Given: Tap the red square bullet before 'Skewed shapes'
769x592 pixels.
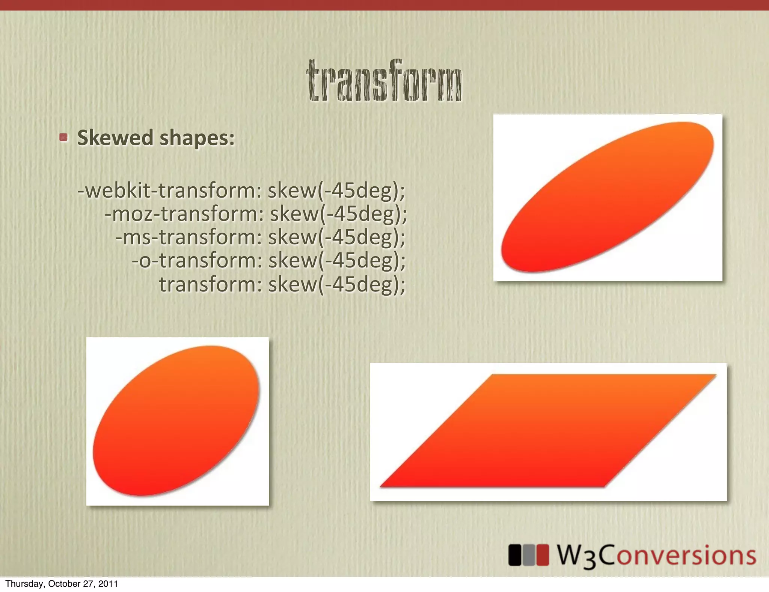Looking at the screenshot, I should coord(63,137).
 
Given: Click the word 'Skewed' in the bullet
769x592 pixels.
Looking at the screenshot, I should coord(115,138).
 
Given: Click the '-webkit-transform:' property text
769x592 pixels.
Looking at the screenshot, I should coord(169,190).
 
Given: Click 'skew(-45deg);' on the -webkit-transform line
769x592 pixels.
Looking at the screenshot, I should coord(336,190).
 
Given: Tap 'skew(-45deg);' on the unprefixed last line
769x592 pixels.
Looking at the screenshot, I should coord(337,284).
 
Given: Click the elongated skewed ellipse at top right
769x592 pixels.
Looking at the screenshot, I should coord(608,197).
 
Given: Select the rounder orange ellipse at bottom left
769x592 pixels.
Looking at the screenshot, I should coord(176,421).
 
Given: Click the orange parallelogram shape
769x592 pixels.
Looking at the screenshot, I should coord(548,431).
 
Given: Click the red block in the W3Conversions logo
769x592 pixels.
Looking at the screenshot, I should coord(543,555).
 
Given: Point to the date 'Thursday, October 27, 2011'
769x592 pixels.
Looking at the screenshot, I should coord(62,584).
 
